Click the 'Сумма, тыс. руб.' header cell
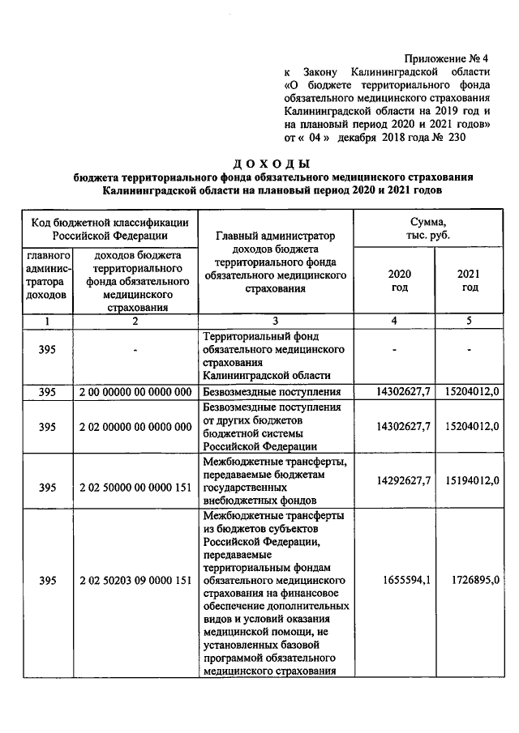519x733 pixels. point(431,228)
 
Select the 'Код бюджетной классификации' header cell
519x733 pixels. point(110,228)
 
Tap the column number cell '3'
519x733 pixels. point(276,322)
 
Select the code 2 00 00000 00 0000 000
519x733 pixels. point(135,392)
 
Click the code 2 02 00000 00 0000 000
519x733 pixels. point(135,426)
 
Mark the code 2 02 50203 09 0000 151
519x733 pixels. point(135,581)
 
